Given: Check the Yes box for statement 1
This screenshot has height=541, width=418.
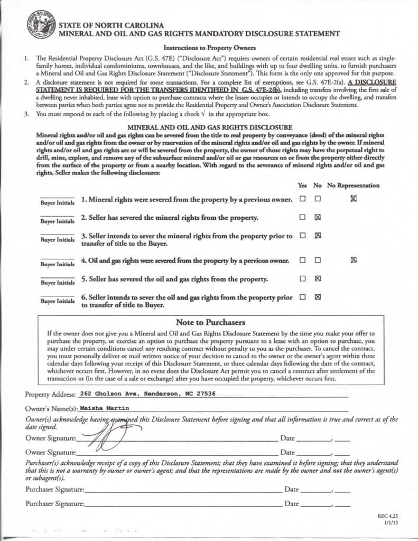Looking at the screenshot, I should pos(302,199).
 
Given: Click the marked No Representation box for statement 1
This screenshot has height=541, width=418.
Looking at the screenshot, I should pos(354,199).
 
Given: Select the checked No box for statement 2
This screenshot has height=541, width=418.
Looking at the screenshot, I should pos(318,217).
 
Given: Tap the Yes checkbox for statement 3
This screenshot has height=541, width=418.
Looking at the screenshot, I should pos(302,236).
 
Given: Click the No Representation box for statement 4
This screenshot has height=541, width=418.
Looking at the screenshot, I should pos(354,260).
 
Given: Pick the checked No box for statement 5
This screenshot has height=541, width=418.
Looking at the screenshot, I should pos(318,278).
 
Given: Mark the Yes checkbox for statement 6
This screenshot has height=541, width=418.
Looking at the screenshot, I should pos(302,297).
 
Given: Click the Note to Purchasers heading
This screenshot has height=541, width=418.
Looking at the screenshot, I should pos(210,322).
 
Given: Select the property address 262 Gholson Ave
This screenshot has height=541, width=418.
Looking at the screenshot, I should pos(146,394).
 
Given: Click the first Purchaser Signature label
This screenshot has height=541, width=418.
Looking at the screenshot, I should pos(55,489).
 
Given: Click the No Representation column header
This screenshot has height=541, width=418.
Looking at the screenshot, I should pos(353,185).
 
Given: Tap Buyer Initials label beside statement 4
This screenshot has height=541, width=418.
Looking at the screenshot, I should pos(58,264).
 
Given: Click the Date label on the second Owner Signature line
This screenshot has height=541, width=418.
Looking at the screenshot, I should pos(287,452).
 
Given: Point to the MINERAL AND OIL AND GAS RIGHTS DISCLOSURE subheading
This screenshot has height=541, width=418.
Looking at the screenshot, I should pos(210,127).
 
